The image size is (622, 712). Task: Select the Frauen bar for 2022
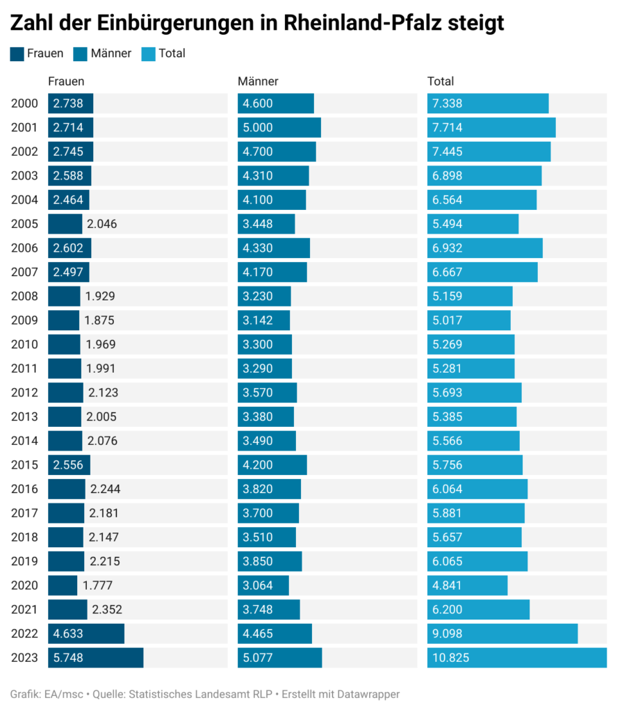tap(86, 633)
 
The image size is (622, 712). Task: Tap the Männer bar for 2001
tap(279, 128)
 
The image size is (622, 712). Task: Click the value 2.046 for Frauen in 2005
tap(102, 224)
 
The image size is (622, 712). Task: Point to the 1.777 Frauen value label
tap(97, 585)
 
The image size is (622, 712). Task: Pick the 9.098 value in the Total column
tap(447, 634)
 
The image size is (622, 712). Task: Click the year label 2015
tap(24, 465)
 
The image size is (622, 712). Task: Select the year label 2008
tap(24, 296)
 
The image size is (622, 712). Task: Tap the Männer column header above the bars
tap(258, 81)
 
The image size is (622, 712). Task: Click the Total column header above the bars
tap(440, 81)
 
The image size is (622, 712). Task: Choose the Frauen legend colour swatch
tap(17, 54)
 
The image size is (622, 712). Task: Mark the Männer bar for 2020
tap(263, 585)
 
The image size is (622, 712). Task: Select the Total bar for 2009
tap(469, 321)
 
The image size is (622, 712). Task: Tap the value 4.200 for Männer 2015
tap(258, 465)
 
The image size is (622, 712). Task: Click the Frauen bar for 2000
tap(70, 104)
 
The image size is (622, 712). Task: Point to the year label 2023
tap(24, 658)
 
